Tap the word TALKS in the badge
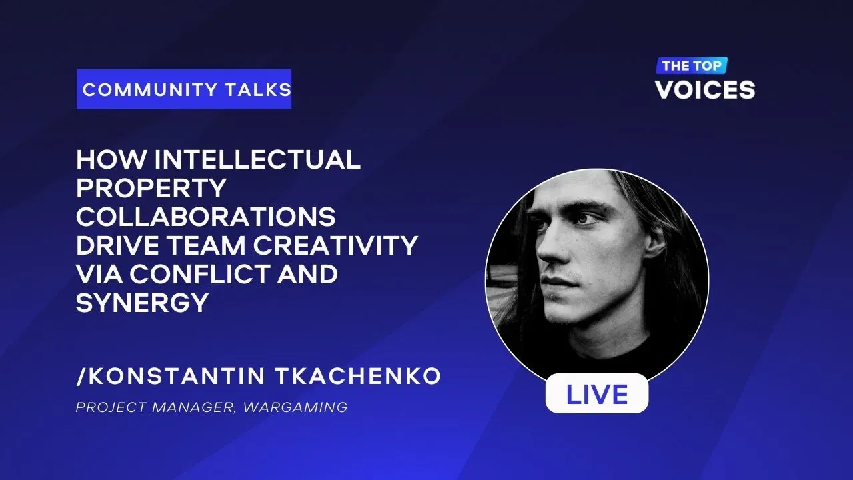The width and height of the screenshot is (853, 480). pyautogui.click(x=258, y=90)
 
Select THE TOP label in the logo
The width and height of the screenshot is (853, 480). pyautogui.click(x=692, y=65)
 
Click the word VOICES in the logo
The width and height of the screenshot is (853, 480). pyautogui.click(x=705, y=90)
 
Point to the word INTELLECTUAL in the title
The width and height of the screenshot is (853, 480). pyautogui.click(x=257, y=159)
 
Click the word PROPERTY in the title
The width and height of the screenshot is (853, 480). pyautogui.click(x=151, y=188)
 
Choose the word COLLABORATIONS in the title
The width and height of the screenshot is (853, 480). pyautogui.click(x=206, y=217)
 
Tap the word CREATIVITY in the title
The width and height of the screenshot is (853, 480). pyautogui.click(x=335, y=245)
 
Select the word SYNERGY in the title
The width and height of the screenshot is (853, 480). pyautogui.click(x=142, y=303)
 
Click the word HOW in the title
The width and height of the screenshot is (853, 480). pyautogui.click(x=111, y=159)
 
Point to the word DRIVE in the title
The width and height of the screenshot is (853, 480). pyautogui.click(x=118, y=245)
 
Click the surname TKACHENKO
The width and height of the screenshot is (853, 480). pyautogui.click(x=358, y=376)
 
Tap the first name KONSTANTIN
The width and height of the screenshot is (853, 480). pyautogui.click(x=177, y=376)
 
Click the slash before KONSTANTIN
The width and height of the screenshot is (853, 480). pyautogui.click(x=81, y=377)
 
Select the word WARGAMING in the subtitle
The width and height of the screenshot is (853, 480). pyautogui.click(x=295, y=407)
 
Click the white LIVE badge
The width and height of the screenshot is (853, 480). pyautogui.click(x=596, y=393)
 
